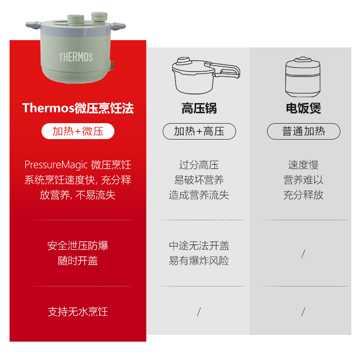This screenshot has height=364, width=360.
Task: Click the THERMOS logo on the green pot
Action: pos(76,57)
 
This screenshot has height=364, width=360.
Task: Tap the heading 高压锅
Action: pos(199,108)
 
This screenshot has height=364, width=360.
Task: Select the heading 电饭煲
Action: pos(303,108)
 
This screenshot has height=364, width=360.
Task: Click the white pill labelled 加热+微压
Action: pos(78,131)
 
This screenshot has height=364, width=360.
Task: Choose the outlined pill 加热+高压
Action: pos(199,131)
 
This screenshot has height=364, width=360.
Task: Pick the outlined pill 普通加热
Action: pos(303,131)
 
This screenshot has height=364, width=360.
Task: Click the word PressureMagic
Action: pos(56,165)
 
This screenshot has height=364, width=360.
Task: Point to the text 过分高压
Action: pos(199,165)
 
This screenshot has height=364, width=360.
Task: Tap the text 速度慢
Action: pos(303,165)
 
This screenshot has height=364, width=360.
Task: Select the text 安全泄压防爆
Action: pos(78,246)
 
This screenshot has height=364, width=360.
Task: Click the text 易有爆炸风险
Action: pos(199,261)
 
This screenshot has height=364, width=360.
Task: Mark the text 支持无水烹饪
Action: pos(78,312)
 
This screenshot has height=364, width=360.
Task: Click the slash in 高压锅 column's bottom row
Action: pos(199,312)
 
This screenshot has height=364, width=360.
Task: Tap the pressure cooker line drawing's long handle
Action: pos(226,69)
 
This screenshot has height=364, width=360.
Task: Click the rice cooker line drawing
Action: pos(303,77)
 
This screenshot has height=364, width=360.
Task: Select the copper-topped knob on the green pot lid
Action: pos(76,19)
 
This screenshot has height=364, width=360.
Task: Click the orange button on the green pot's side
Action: pos(112,66)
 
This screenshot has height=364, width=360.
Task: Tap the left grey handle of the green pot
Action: pos(33,25)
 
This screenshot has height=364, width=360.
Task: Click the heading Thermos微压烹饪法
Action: pos(78,108)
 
